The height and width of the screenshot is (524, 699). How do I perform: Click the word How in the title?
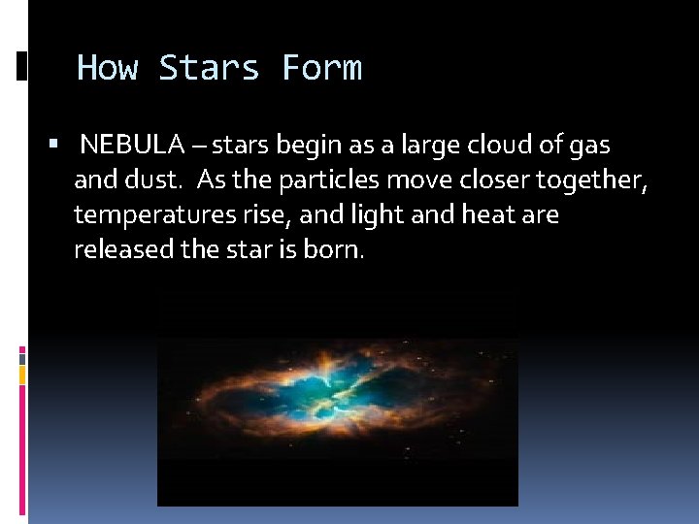coord(107,68)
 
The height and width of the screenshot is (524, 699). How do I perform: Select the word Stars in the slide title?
coord(210,68)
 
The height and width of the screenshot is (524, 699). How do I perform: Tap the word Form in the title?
coord(321,68)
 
